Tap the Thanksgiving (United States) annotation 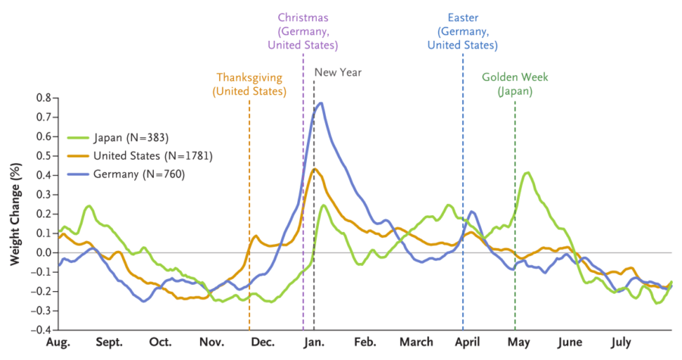click(x=249, y=84)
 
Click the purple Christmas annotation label click(x=302, y=30)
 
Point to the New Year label click(x=338, y=73)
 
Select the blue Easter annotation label click(x=462, y=30)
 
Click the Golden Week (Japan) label click(x=515, y=84)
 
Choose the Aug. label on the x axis click(x=58, y=342)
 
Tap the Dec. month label click(x=262, y=342)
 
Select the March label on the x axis click(x=416, y=342)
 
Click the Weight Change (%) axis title click(x=14, y=214)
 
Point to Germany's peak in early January click(x=321, y=103)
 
